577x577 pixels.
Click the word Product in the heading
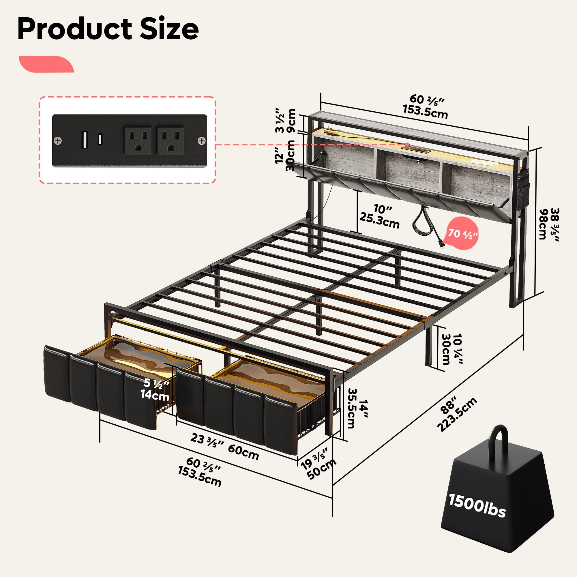click(75, 29)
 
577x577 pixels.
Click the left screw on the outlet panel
click(58, 140)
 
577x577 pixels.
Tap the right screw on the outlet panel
click(202, 140)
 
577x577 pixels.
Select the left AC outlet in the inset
click(138, 141)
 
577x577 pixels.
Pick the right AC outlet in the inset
click(171, 141)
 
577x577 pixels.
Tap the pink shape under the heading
click(46, 64)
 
